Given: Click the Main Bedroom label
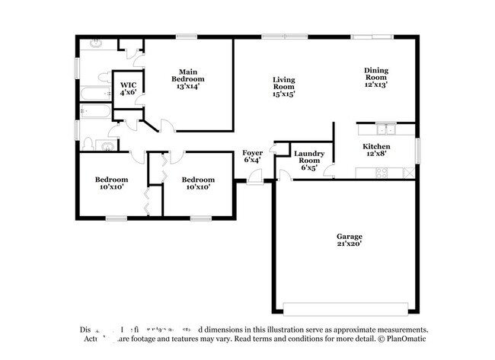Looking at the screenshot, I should [187, 78].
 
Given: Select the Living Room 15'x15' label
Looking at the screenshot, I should [284, 86].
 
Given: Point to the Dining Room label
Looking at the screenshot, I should [375, 77].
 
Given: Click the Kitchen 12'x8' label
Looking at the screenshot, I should [376, 150].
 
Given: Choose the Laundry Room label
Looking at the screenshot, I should [309, 161].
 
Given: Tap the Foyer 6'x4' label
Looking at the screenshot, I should [253, 156].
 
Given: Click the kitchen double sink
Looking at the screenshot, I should [387, 129].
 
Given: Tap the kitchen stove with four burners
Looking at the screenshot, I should [381, 173].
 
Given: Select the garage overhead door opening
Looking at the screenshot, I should [346, 308].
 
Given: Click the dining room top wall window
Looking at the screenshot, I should [377, 36].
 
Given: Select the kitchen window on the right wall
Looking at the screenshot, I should [417, 149].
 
